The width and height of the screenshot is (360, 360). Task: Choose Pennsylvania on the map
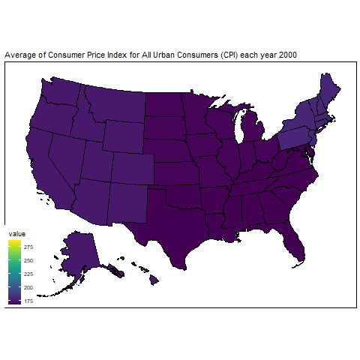pyautogui.click(x=291, y=142)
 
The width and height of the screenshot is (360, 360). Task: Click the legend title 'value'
pyautogui.click(x=16, y=235)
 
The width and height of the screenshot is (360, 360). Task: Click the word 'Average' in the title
pyautogui.click(x=19, y=56)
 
